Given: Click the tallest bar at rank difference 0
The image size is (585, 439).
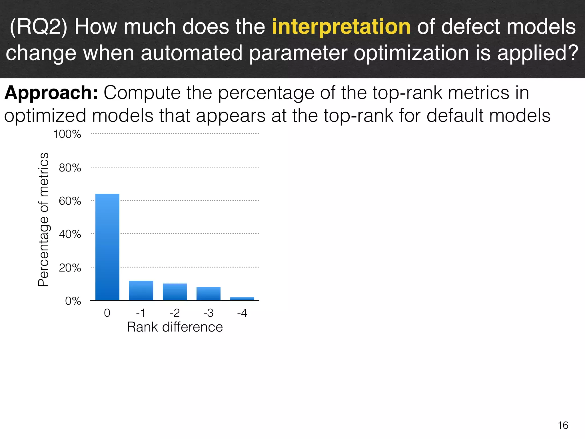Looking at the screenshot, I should tap(107, 247).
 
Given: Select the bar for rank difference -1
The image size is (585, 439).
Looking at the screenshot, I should tap(141, 290).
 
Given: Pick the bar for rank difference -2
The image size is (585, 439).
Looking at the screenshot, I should tap(175, 292).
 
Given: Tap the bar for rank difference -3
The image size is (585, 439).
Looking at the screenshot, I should tap(208, 294).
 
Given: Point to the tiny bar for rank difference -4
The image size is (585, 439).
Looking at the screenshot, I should tap(242, 299).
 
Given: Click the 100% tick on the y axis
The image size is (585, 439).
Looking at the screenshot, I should tap(67, 134).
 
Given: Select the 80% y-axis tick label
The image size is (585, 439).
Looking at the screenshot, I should tap(70, 168).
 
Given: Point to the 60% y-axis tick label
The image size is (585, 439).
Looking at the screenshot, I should tap(70, 201).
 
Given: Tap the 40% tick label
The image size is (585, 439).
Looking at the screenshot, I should tap(70, 234).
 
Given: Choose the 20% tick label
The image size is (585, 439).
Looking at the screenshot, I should tap(70, 268).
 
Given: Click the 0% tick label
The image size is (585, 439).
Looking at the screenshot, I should tap(73, 301).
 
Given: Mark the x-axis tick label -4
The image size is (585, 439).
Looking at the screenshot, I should tap(242, 313).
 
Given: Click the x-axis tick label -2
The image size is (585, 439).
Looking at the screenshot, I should tap(175, 313).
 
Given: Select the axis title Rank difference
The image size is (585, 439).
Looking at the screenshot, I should tap(175, 327).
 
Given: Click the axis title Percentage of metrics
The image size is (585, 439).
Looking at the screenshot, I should tap(43, 219).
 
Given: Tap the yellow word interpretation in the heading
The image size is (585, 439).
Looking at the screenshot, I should tap(341, 27).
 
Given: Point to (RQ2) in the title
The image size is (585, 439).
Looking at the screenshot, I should tap(39, 27).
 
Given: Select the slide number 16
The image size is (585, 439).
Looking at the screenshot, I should tap(563, 425).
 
